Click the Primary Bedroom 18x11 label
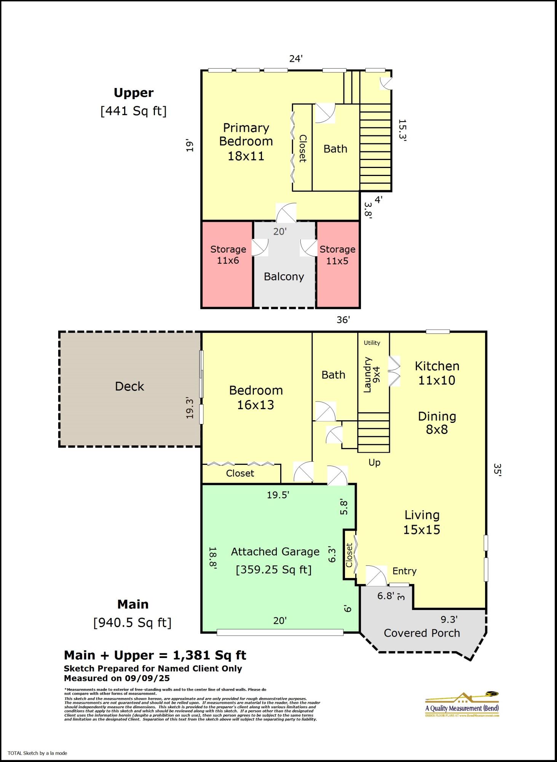point(246,142)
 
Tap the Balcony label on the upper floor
point(284,277)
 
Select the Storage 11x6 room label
point(228,255)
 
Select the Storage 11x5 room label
point(337,255)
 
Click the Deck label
point(129,386)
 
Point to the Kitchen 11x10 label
point(437,373)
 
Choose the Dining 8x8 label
point(437,423)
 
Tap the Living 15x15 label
point(422,522)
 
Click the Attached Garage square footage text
point(274,570)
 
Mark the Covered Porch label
point(421,633)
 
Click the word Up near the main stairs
point(374,463)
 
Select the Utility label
point(372,343)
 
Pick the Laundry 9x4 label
point(372,375)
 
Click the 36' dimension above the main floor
point(343,320)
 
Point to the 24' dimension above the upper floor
point(296,59)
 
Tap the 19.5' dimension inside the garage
point(278,495)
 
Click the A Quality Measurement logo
point(462,705)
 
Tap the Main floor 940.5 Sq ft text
point(132,623)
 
